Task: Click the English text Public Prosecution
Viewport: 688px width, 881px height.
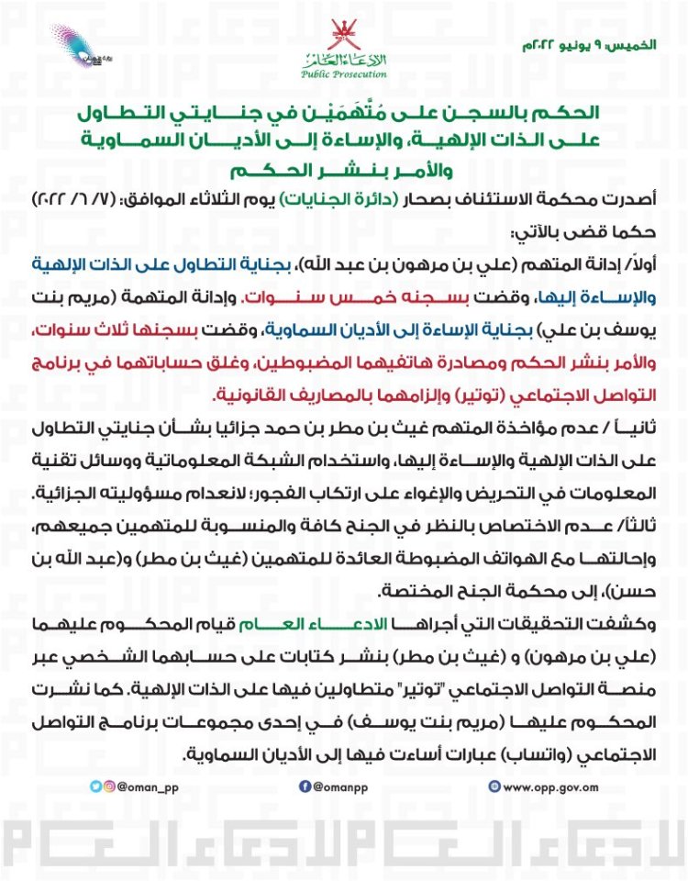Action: (x=344, y=73)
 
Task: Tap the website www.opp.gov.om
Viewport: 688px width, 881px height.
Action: (x=550, y=786)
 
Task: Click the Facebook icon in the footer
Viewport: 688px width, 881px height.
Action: (x=305, y=786)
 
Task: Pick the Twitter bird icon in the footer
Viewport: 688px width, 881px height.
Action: (x=95, y=786)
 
